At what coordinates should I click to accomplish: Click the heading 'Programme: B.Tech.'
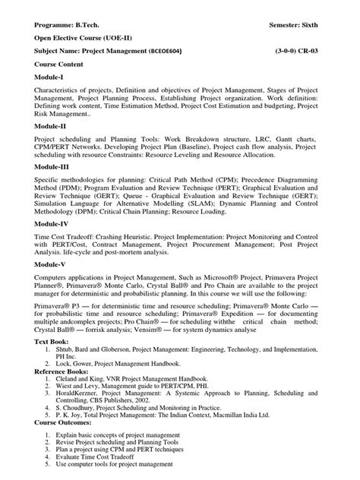68,25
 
